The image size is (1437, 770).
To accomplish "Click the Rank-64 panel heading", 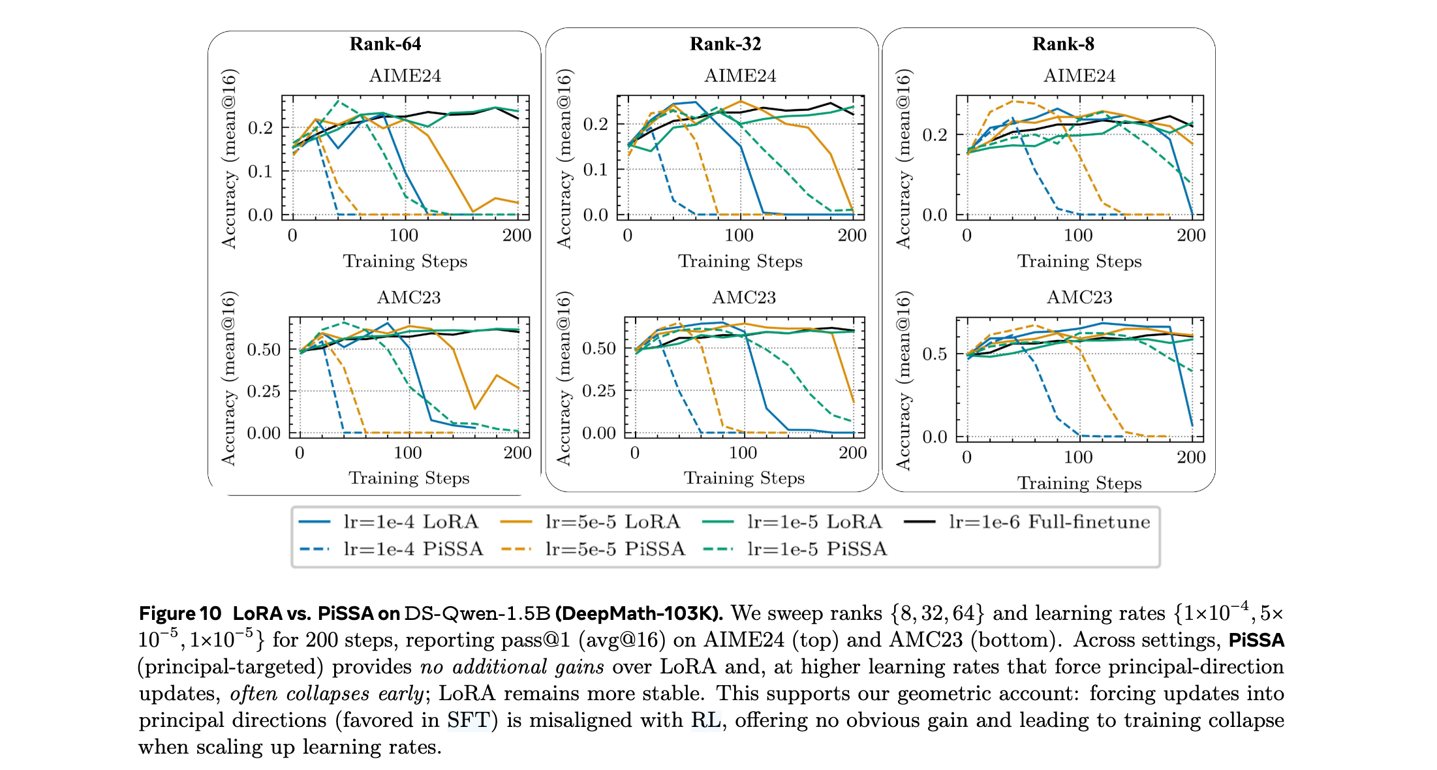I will point(385,44).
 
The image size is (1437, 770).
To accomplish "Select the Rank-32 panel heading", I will point(725,44).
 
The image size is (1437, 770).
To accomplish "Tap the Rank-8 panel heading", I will point(1062,44).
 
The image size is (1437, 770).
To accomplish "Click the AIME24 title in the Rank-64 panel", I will point(405,76).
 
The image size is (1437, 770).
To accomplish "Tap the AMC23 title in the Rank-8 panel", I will point(1079,298).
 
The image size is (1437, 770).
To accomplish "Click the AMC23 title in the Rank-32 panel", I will point(743,298).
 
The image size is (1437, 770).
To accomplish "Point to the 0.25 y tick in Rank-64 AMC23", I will point(264,392).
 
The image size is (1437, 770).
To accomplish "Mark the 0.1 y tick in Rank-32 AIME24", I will point(595,170).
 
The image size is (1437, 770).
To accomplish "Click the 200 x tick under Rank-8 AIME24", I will point(1190,236).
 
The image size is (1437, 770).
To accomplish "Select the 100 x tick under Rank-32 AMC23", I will point(743,453).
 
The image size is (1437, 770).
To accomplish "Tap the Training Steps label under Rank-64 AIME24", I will point(405,261).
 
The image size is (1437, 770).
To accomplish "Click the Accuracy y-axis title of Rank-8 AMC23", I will point(903,380).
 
